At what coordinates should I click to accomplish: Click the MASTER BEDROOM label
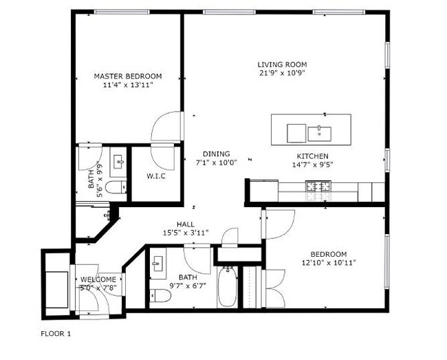tap(128, 76)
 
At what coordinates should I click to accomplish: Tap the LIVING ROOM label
tap(282, 65)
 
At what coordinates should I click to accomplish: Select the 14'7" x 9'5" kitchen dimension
tap(313, 165)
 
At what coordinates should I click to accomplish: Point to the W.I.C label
tap(156, 176)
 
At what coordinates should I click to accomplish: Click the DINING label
tap(217, 154)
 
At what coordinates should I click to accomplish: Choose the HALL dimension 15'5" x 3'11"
tap(186, 233)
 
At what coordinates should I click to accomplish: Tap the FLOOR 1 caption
tap(56, 333)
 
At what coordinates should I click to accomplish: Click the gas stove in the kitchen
tap(318, 187)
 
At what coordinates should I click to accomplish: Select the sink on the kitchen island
tap(319, 134)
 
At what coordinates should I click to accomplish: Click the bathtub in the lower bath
tap(227, 286)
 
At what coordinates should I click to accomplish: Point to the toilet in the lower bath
tap(160, 296)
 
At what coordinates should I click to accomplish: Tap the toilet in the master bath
tap(116, 187)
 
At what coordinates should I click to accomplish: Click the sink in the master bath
tap(119, 162)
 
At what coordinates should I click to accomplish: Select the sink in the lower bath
tap(157, 264)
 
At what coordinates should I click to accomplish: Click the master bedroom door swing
tap(167, 126)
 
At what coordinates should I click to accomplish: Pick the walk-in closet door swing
tap(162, 157)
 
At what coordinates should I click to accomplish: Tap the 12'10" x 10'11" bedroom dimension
tap(329, 262)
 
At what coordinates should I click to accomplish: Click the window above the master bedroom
tap(122, 12)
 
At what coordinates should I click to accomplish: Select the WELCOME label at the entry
tap(98, 279)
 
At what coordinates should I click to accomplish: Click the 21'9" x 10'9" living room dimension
tap(282, 73)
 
